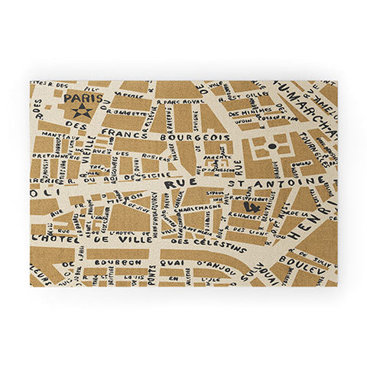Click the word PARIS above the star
81,99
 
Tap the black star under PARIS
82,112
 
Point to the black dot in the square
271,145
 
